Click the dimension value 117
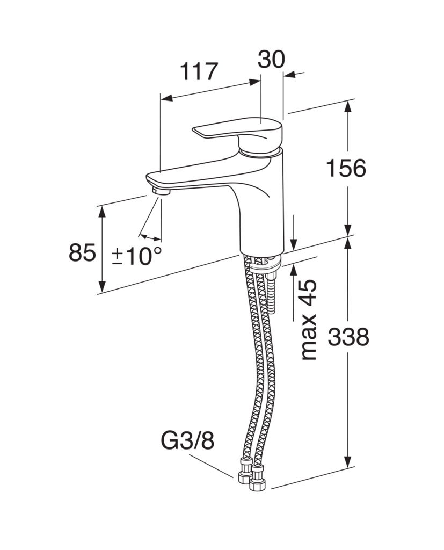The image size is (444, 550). coord(199,72)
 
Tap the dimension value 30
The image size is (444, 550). coord(271,59)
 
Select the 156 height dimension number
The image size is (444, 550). coord(346,168)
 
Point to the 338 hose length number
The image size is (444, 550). coord(348,337)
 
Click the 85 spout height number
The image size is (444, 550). coord(82,252)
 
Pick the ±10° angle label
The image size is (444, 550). coord(137,256)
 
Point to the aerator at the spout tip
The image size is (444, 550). coord(161,192)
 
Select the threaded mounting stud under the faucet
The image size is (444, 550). coord(272,291)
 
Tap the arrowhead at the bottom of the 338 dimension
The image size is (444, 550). coord(347,461)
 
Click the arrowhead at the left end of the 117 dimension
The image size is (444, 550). coord(167,99)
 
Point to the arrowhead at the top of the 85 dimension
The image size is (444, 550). coord(101,212)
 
